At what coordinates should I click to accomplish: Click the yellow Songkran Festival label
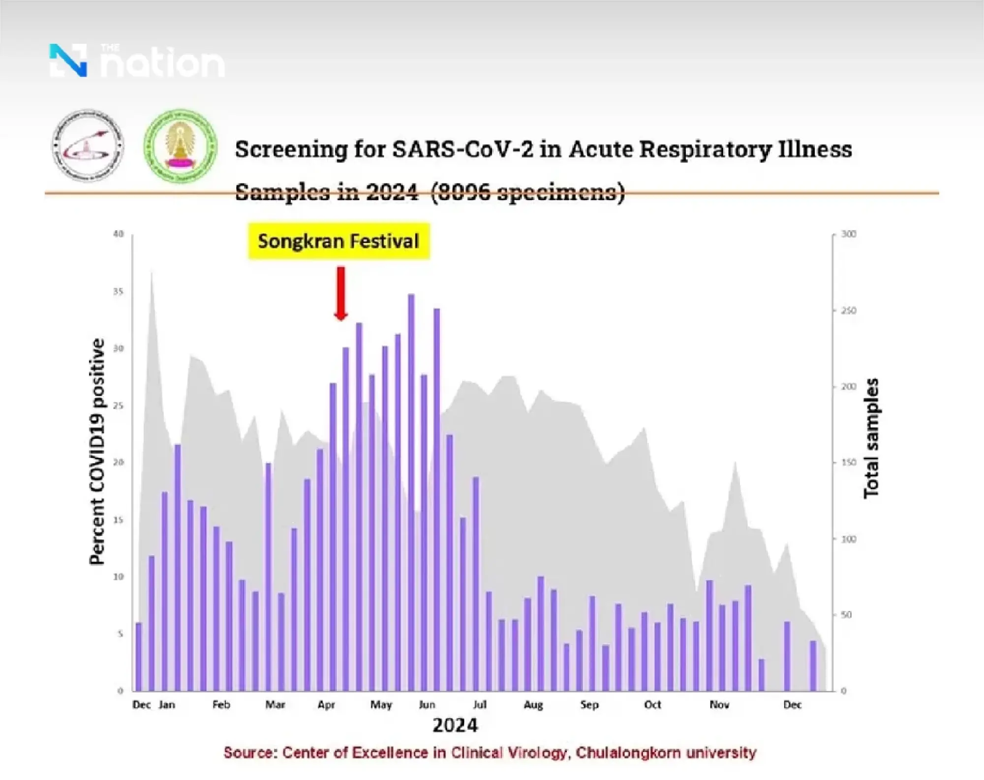tap(338, 241)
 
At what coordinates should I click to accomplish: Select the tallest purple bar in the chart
tap(411, 492)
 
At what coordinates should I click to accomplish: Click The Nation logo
tap(137, 61)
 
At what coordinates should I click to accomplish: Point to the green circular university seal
tap(181, 146)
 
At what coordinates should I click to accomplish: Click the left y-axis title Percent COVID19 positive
tap(97, 451)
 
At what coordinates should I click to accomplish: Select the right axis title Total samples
tap(871, 438)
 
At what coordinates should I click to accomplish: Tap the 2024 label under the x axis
tap(455, 725)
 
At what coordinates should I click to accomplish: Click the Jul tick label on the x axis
tap(480, 705)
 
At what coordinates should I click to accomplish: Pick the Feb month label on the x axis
tap(221, 705)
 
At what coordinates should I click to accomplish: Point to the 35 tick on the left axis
tap(118, 291)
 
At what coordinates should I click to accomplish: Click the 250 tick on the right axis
tap(849, 311)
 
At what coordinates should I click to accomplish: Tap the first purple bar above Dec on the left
tap(139, 657)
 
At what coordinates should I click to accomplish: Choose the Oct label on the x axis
tap(652, 705)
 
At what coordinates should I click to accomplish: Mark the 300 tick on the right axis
tap(849, 234)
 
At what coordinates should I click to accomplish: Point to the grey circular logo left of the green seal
tap(88, 146)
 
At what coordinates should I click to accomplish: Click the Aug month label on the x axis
tap(533, 705)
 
